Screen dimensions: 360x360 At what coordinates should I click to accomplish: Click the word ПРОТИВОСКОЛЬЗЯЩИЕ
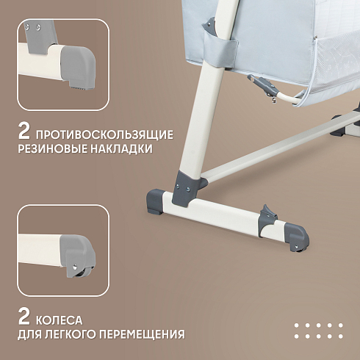point(105,135)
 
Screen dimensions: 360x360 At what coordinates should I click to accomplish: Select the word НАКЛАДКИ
point(122,148)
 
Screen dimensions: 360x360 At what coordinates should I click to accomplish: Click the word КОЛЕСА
point(60,320)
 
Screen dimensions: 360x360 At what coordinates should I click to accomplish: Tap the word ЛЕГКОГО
point(73,334)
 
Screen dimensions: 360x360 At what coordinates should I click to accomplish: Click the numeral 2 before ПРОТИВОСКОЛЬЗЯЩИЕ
point(24,131)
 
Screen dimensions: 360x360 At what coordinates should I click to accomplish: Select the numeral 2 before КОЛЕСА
point(24,317)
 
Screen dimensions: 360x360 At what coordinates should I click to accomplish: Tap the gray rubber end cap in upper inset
point(78,68)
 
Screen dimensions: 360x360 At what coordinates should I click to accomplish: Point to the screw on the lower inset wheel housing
point(75,265)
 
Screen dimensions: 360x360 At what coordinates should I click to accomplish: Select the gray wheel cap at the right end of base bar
point(297,237)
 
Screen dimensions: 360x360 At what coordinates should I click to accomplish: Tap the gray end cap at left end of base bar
point(156,201)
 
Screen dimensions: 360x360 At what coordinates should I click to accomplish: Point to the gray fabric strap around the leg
point(220,49)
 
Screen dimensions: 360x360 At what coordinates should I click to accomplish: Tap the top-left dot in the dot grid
point(297,325)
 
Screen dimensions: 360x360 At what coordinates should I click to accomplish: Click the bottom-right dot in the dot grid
point(340,336)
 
